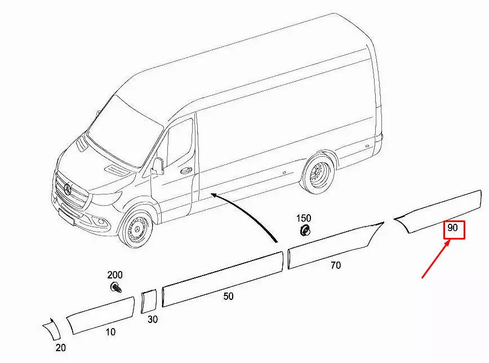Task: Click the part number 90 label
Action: pyautogui.click(x=452, y=229)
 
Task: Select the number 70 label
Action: pyautogui.click(x=335, y=265)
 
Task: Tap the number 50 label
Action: pyautogui.click(x=228, y=296)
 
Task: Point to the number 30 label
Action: pyautogui.click(x=153, y=320)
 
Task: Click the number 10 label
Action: pyautogui.click(x=110, y=332)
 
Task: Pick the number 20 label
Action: pyautogui.click(x=60, y=348)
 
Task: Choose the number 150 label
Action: pyautogui.click(x=304, y=218)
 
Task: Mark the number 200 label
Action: pyautogui.click(x=115, y=275)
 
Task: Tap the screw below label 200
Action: pyautogui.click(x=117, y=288)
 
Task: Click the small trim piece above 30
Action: pyautogui.click(x=148, y=300)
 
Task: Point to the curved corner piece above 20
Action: pyautogui.click(x=51, y=329)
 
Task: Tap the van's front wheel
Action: pyautogui.click(x=136, y=229)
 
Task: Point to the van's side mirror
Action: pyautogui.click(x=157, y=166)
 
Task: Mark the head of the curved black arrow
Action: pyautogui.click(x=214, y=195)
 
